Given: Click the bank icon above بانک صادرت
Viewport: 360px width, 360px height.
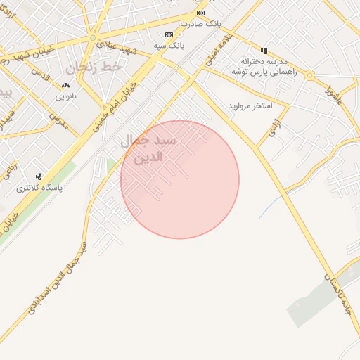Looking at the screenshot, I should point(201,13).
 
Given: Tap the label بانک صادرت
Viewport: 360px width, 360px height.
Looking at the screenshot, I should point(201,23).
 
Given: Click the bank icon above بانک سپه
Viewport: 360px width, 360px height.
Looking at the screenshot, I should point(168,34).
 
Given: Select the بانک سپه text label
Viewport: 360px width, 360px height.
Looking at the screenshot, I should point(168,45).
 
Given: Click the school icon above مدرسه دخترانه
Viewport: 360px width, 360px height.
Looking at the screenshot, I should point(264,51).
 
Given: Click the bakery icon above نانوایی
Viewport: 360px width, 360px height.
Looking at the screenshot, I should point(65,86).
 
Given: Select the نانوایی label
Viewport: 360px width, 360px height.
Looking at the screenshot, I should point(65,96).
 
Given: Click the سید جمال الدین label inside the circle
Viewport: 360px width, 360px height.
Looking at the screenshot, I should point(152,149).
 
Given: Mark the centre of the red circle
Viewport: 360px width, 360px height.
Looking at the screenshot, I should point(180,179).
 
